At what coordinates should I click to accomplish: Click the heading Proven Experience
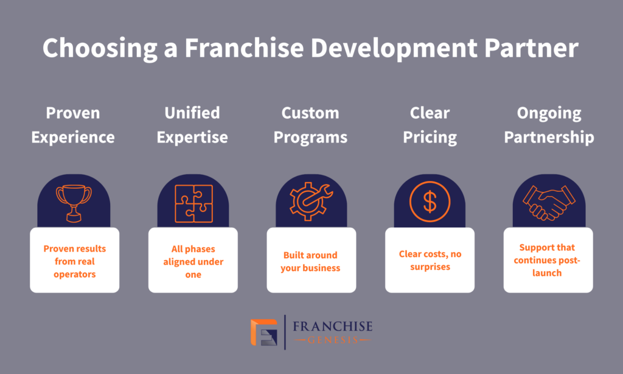pos(74,125)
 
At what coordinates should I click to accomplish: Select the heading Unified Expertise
pos(192,125)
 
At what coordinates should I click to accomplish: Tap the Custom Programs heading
pos(310,125)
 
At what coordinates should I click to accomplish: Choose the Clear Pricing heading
pos(430,125)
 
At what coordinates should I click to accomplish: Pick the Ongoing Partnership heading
pos(549,125)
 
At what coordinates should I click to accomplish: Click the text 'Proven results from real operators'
pos(74,261)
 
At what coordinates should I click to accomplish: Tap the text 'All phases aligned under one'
pos(193,261)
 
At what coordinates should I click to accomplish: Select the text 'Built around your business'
pos(310,261)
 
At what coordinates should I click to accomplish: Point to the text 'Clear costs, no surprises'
pos(430,261)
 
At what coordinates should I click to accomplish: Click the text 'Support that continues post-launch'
pos(548,260)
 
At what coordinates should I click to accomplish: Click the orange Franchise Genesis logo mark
pos(264,332)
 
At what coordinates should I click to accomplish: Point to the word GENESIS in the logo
pos(332,340)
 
